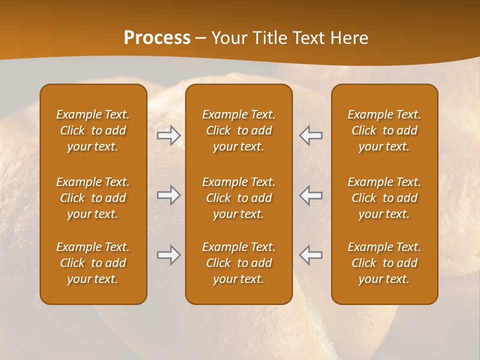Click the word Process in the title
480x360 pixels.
coord(157,38)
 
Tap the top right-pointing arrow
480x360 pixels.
coord(169,135)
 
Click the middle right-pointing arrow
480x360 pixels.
coord(169,195)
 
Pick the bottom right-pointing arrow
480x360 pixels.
coord(169,255)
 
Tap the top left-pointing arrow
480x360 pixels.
coord(311,135)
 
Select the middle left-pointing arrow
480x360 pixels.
coord(311,195)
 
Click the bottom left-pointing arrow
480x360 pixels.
coord(311,255)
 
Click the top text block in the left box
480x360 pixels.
coord(93,130)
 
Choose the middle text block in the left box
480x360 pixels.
coord(93,198)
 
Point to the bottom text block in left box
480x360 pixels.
coord(93,263)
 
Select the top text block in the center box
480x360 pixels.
coord(238,130)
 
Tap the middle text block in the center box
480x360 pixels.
coord(238,198)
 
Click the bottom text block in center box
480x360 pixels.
coord(238,263)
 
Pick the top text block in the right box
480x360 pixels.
coord(384,130)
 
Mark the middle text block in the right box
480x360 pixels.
coord(384,198)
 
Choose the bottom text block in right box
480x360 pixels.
coord(384,263)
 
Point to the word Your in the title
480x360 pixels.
coord(227,38)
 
